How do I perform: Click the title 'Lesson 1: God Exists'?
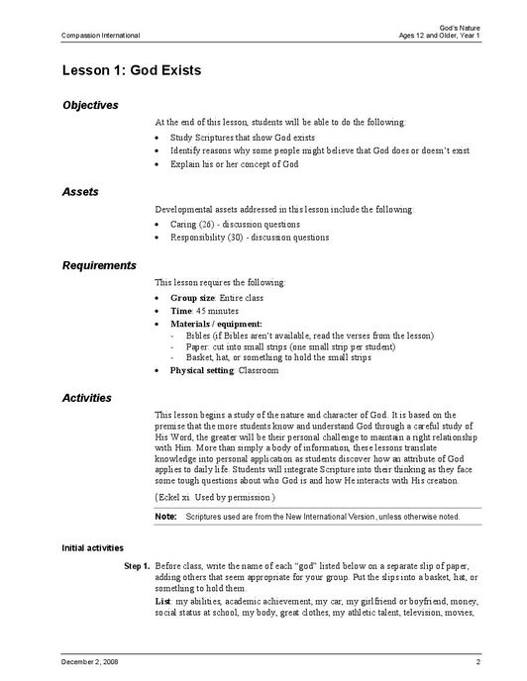click(131, 72)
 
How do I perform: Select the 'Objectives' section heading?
click(90, 105)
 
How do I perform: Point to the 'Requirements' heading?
click(99, 265)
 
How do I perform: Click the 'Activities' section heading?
click(87, 398)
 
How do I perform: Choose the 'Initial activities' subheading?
click(92, 547)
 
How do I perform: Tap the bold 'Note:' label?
click(165, 517)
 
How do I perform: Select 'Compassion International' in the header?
click(100, 36)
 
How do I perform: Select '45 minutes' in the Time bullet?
click(209, 311)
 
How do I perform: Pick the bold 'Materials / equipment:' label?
click(216, 324)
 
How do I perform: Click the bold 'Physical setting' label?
click(202, 371)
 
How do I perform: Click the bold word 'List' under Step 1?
click(163, 602)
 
